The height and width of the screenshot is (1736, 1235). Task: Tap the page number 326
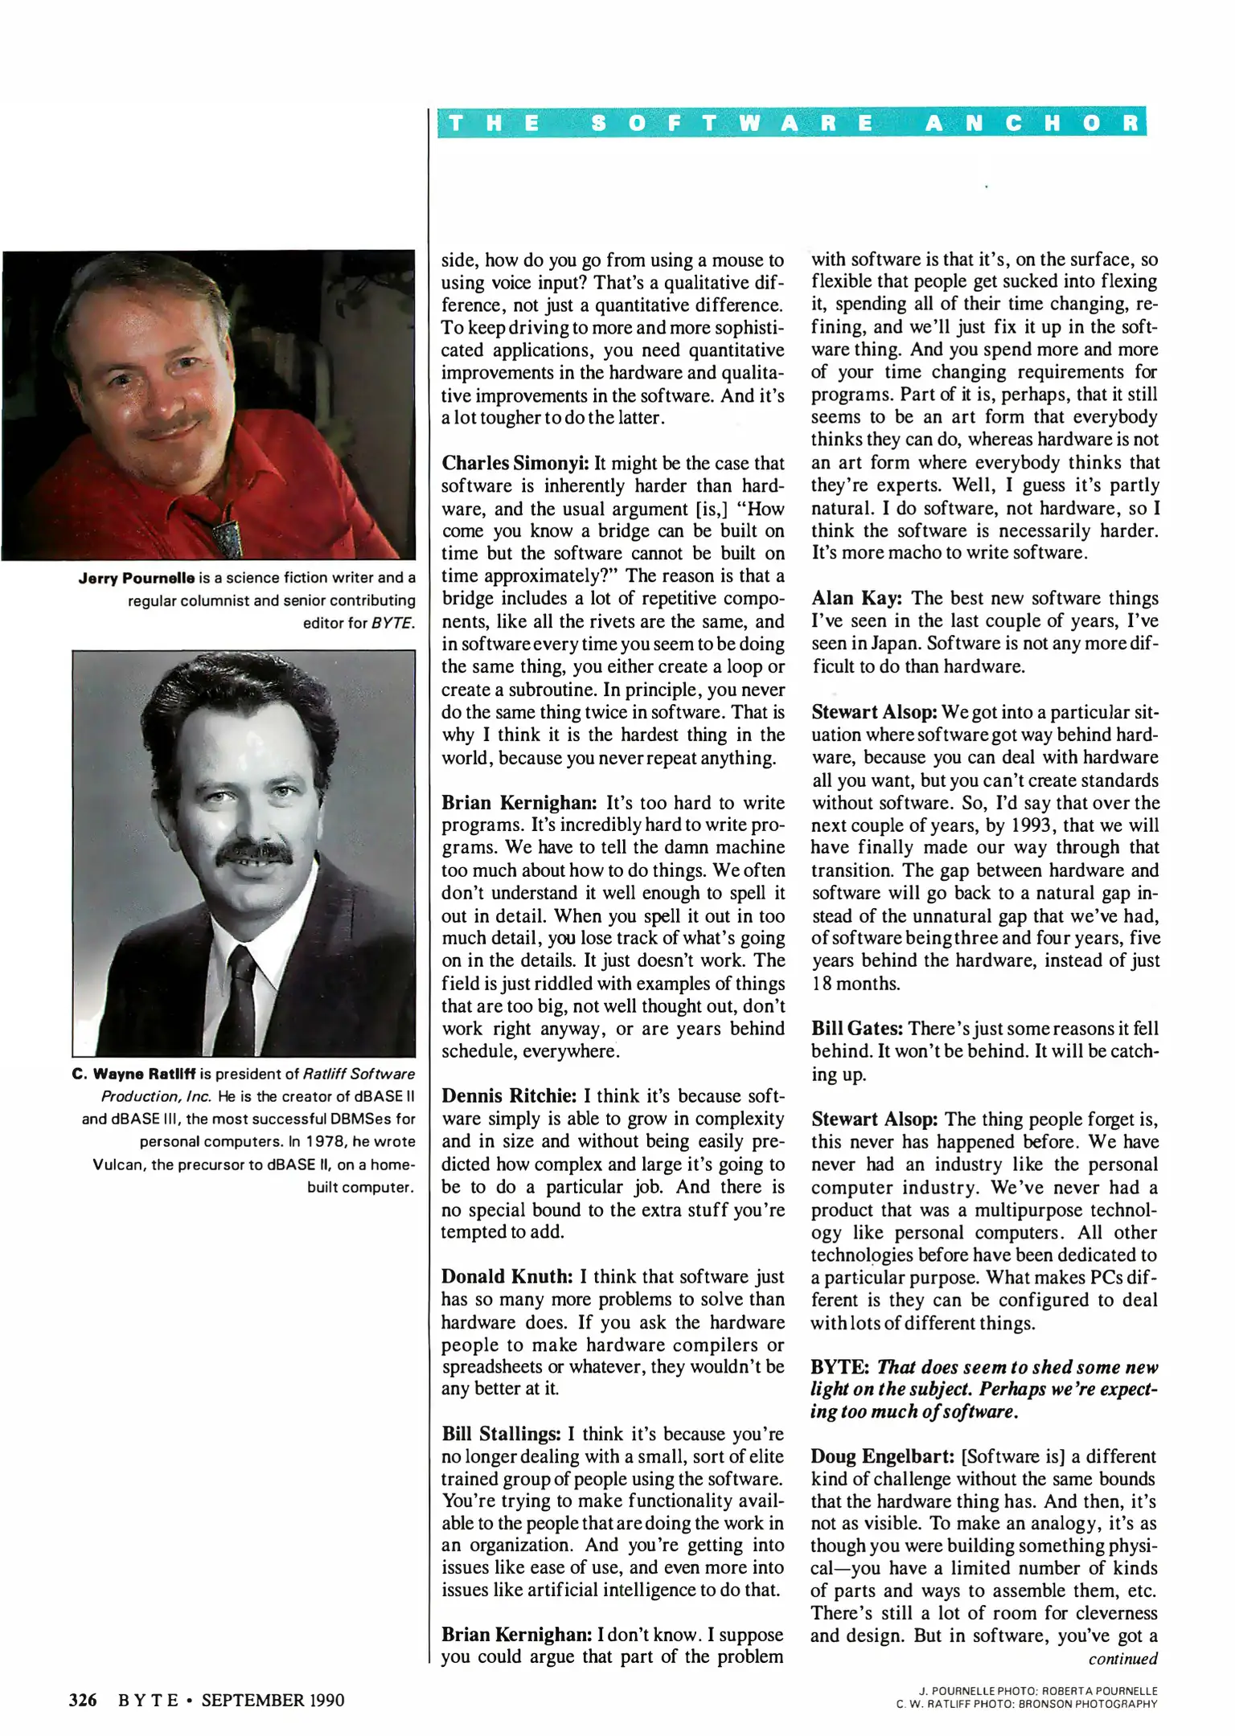pyautogui.click(x=84, y=1700)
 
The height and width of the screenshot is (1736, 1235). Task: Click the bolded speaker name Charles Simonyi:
pyautogui.click(x=515, y=464)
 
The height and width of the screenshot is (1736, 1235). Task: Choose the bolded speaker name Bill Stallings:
pyautogui.click(x=501, y=1435)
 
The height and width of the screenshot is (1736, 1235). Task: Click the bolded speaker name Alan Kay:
pyautogui.click(x=856, y=599)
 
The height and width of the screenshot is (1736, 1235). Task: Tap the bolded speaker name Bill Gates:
pyautogui.click(x=857, y=1029)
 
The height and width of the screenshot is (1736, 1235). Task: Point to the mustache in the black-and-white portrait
pyautogui.click(x=255, y=852)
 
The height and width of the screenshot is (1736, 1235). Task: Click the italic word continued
pyautogui.click(x=1122, y=1659)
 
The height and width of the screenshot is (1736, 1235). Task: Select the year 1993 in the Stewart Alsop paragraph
pyautogui.click(x=987, y=825)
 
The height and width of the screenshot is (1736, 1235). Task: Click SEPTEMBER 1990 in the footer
pyautogui.click(x=273, y=1700)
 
